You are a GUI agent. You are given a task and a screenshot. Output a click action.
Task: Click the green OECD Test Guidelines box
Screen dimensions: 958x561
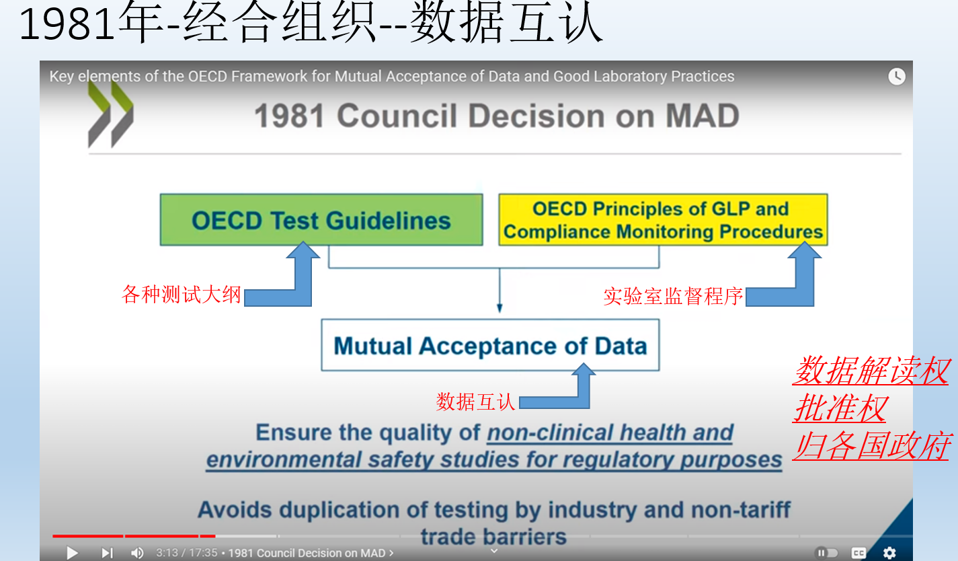321,219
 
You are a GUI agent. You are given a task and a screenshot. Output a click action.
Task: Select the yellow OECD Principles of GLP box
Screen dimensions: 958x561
663,219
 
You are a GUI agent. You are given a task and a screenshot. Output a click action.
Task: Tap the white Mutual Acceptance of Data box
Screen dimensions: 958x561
490,345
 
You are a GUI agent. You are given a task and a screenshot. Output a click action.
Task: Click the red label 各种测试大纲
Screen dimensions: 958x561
181,295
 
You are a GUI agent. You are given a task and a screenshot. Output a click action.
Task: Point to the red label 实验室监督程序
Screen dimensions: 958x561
673,296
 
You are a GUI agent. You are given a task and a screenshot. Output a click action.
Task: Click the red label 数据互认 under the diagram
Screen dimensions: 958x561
475,402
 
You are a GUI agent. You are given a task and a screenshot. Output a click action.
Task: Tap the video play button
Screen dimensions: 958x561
73,553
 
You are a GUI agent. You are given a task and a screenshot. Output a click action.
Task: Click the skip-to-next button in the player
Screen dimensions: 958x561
107,553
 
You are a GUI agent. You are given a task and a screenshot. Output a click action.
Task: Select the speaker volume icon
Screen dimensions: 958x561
137,553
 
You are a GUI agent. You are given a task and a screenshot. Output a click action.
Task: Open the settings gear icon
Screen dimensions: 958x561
889,553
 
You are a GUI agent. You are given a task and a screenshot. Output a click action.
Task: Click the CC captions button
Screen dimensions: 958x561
859,553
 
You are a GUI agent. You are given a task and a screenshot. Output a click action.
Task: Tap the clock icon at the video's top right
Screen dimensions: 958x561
896,77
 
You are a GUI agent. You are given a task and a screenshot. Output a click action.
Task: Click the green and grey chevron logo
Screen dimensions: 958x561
110,114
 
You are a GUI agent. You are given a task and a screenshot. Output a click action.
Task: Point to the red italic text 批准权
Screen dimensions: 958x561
840,408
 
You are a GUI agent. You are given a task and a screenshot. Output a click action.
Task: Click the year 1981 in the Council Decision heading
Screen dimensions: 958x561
289,116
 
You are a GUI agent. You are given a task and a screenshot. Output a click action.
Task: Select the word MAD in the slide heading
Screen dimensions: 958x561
703,116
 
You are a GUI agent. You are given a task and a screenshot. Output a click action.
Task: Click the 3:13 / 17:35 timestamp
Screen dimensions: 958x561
186,553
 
